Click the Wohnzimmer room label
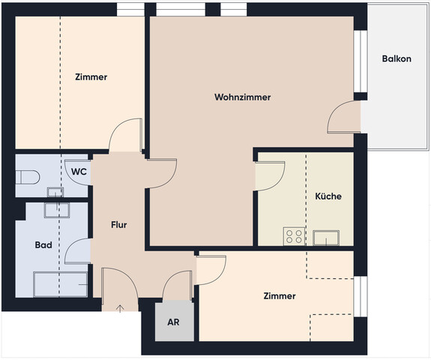click(242, 97)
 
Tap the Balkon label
click(396, 59)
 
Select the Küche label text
click(328, 196)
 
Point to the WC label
click(79, 172)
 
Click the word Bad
click(43, 245)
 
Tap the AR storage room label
click(173, 322)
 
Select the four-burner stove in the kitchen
click(294, 237)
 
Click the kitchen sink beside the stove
click(328, 238)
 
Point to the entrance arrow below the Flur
click(121, 307)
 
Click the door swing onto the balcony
click(345, 116)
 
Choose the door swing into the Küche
click(268, 175)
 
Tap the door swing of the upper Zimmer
click(124, 136)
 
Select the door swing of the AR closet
click(178, 284)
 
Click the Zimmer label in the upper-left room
click(91, 77)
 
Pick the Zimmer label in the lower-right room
click(280, 296)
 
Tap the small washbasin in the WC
click(55, 192)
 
